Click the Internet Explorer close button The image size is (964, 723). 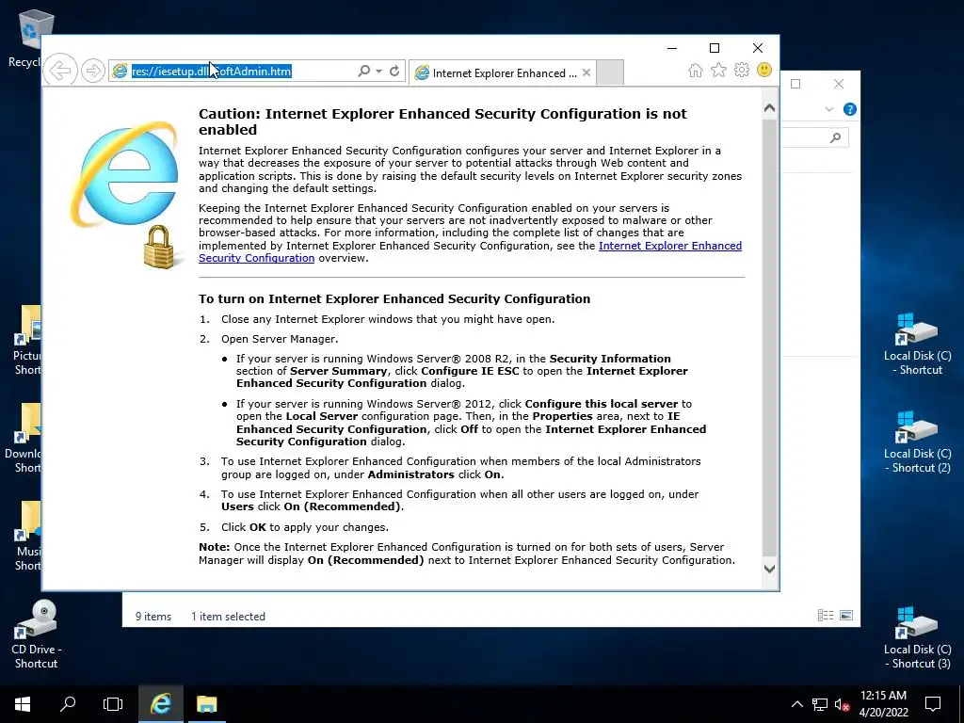(x=758, y=48)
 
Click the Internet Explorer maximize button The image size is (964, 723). (x=715, y=48)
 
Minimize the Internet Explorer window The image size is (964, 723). (x=672, y=48)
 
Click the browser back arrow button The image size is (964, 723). (x=60, y=71)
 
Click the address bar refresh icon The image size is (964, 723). (x=394, y=72)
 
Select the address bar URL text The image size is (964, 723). (x=212, y=72)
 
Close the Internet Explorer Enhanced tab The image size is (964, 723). (x=586, y=72)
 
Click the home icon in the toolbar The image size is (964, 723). (x=695, y=71)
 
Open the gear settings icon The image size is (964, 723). (x=741, y=71)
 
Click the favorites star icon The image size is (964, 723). (x=718, y=71)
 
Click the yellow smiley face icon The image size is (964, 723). (x=764, y=71)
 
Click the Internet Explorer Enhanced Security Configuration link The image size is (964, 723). (x=669, y=246)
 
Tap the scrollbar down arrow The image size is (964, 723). (x=769, y=569)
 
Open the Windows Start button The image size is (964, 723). (x=23, y=703)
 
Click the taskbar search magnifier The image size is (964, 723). (x=68, y=703)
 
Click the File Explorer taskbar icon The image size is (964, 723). (x=206, y=703)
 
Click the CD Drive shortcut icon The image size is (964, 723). (x=37, y=622)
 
